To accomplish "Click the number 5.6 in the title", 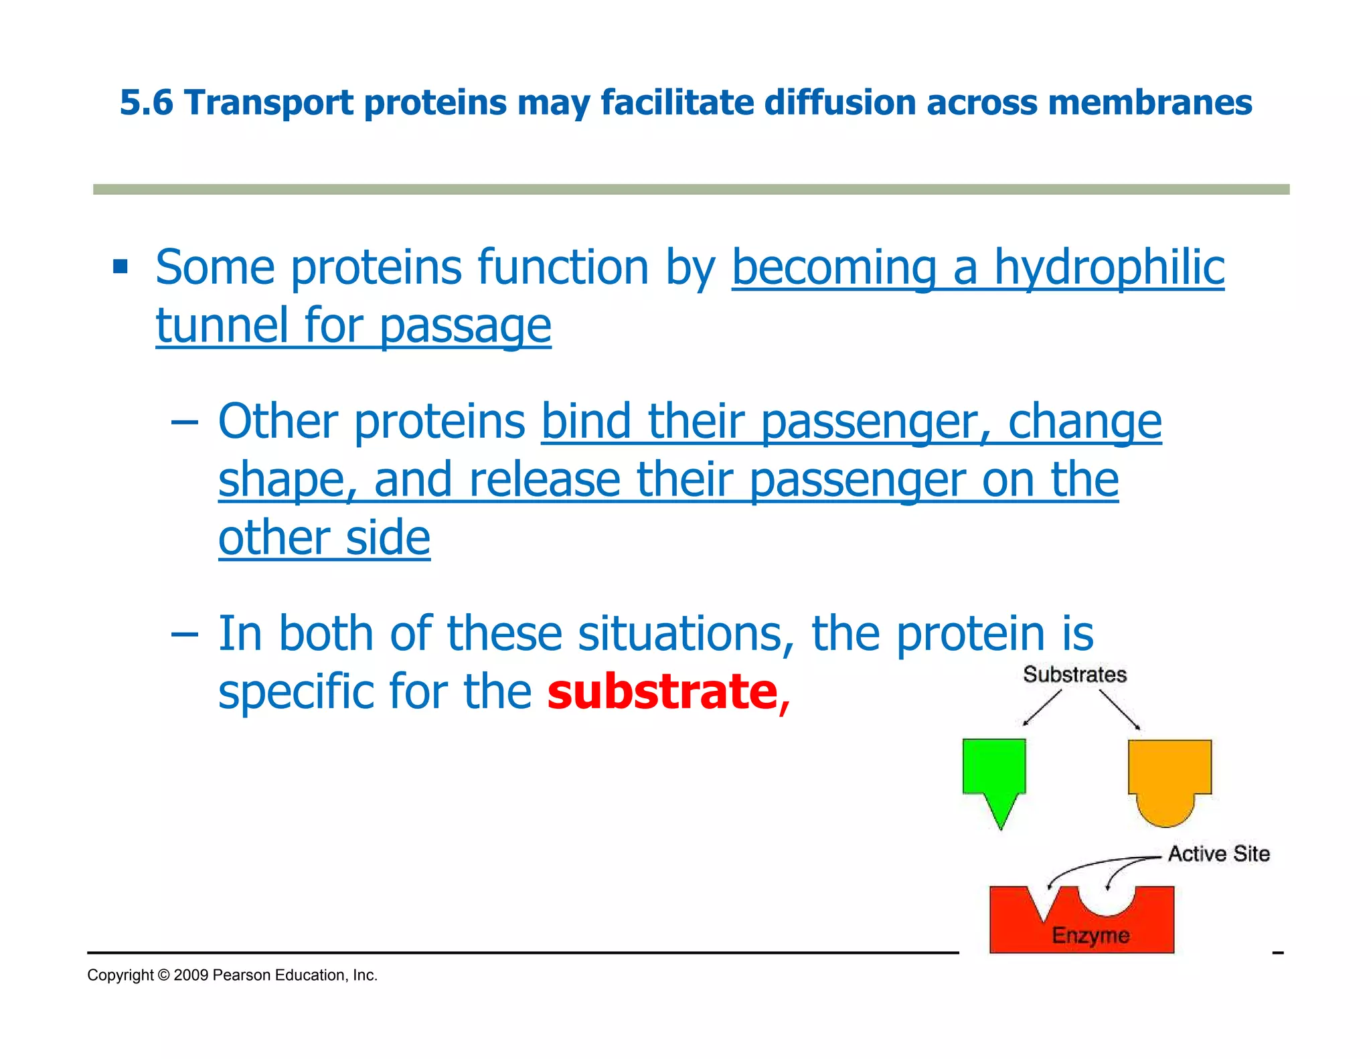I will coord(146,103).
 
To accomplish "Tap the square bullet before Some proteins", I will coord(120,268).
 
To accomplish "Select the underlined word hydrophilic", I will coord(1109,268).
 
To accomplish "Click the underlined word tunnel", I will coord(222,326).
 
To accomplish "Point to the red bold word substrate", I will coord(662,691).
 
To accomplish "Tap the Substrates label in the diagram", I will coord(1074,675).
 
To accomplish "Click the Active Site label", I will coord(1218,854).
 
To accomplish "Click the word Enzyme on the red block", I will coord(1091,935).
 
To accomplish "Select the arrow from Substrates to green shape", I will coord(1042,708).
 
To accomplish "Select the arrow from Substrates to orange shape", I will coord(1119,710).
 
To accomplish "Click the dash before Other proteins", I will coord(184,423).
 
